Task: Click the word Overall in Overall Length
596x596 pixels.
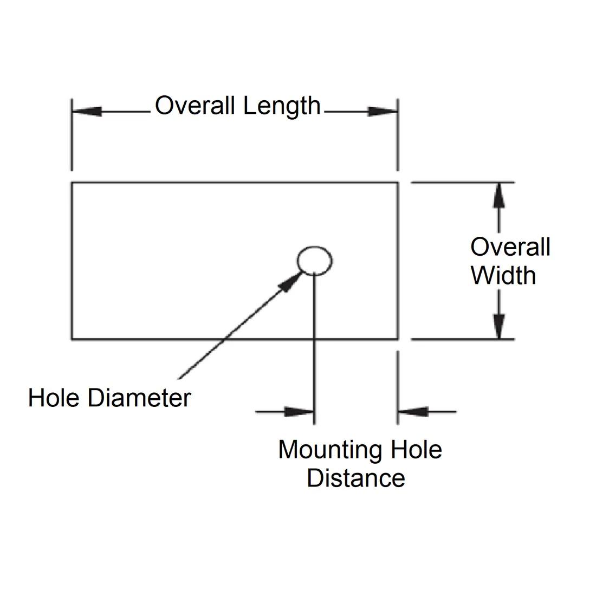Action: click(196, 106)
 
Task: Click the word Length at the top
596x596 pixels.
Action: click(282, 107)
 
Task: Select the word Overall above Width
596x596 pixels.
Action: click(510, 247)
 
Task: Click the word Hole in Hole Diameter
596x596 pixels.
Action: click(55, 398)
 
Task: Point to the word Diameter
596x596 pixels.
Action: click(139, 398)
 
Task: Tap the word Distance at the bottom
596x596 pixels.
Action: click(355, 478)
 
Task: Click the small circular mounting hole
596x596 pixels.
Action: click(314, 261)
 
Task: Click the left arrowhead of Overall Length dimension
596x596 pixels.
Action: click(87, 111)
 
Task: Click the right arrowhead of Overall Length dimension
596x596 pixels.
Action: click(383, 111)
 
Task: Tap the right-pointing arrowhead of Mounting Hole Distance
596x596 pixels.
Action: click(300, 412)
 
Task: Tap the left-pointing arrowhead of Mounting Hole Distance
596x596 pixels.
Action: click(413, 412)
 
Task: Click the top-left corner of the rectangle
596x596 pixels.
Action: click(72, 183)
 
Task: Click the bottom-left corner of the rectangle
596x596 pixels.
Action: click(72, 339)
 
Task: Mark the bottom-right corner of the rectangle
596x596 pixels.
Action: click(398, 339)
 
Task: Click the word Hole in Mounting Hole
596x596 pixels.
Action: click(416, 450)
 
